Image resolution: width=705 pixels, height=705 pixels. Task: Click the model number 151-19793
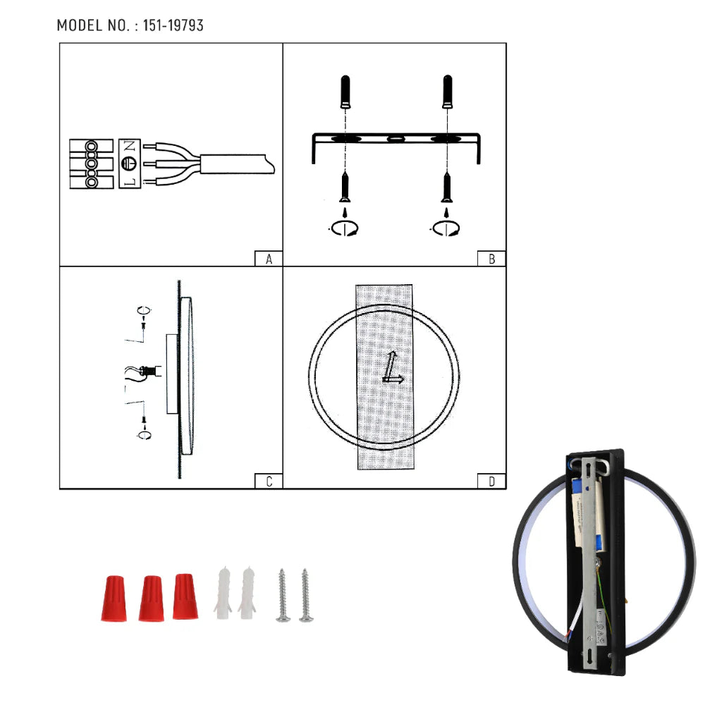(x=173, y=25)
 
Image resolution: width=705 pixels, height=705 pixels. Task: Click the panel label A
(x=269, y=259)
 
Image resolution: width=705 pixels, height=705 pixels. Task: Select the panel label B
(x=491, y=259)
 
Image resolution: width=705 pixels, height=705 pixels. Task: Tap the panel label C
(x=269, y=482)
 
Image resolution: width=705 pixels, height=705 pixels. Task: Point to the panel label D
(x=491, y=482)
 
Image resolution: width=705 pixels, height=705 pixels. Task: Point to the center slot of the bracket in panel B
(x=394, y=138)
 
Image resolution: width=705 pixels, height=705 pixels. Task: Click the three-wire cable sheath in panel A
(x=236, y=164)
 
